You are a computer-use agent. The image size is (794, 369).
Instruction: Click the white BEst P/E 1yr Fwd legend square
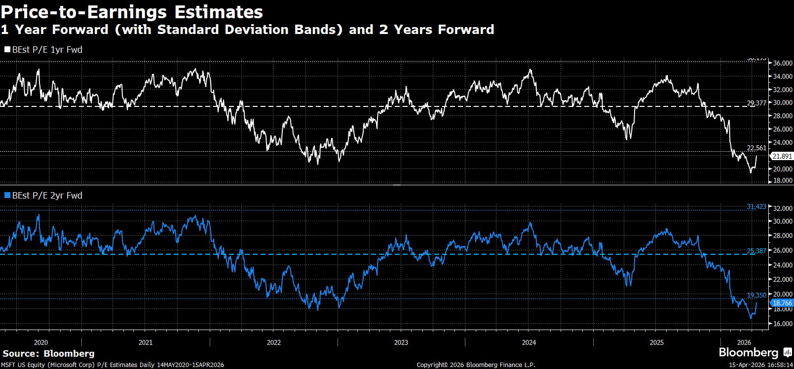pos(7,50)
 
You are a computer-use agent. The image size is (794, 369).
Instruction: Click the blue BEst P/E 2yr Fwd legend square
pos(7,196)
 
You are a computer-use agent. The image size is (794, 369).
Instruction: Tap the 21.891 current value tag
pos(782,156)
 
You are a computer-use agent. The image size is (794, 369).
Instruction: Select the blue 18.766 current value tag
pos(782,303)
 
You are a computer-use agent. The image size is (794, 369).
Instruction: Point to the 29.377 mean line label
pos(756,103)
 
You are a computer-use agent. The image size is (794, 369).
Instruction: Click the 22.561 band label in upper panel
pos(756,148)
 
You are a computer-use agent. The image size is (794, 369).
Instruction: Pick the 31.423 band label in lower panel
pos(756,206)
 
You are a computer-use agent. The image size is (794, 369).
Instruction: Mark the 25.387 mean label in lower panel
pos(756,251)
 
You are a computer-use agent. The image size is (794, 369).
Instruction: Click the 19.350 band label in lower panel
pos(756,295)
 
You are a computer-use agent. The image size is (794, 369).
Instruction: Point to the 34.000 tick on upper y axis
pos(783,76)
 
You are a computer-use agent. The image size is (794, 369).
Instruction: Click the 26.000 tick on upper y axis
pos(783,129)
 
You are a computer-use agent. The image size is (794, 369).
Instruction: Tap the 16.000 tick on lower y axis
pos(783,324)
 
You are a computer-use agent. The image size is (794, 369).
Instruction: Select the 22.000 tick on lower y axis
pos(783,279)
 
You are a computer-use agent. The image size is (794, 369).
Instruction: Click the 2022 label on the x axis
pos(274,342)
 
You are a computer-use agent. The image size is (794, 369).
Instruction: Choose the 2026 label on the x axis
pos(744,342)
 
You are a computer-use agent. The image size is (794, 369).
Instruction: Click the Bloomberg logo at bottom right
pos(755,352)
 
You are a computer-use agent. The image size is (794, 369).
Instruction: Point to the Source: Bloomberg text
pos(48,353)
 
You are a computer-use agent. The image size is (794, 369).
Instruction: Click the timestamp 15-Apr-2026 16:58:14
pos(760,365)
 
